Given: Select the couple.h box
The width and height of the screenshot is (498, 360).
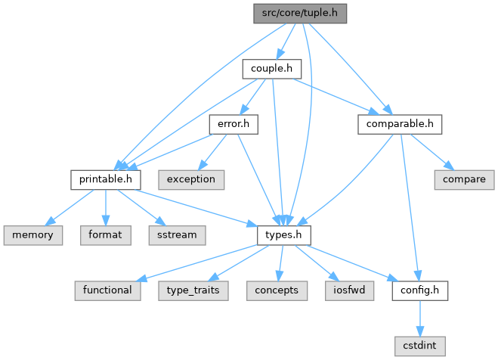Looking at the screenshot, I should pyautogui.click(x=271, y=69).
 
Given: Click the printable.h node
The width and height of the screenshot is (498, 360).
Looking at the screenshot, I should pyautogui.click(x=106, y=179).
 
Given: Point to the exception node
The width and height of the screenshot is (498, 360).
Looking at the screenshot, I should pyautogui.click(x=191, y=179).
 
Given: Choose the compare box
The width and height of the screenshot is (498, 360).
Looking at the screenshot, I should pyautogui.click(x=464, y=179).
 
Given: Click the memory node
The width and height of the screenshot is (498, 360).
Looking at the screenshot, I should pyautogui.click(x=31, y=234).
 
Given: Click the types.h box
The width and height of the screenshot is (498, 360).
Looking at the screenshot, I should pyautogui.click(x=283, y=234).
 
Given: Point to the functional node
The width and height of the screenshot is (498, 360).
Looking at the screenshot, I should pyautogui.click(x=106, y=290).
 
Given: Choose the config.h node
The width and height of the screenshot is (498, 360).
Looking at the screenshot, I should pyautogui.click(x=418, y=290).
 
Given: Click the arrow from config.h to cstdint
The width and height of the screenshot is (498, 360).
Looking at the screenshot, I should pyautogui.click(x=418, y=318).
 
